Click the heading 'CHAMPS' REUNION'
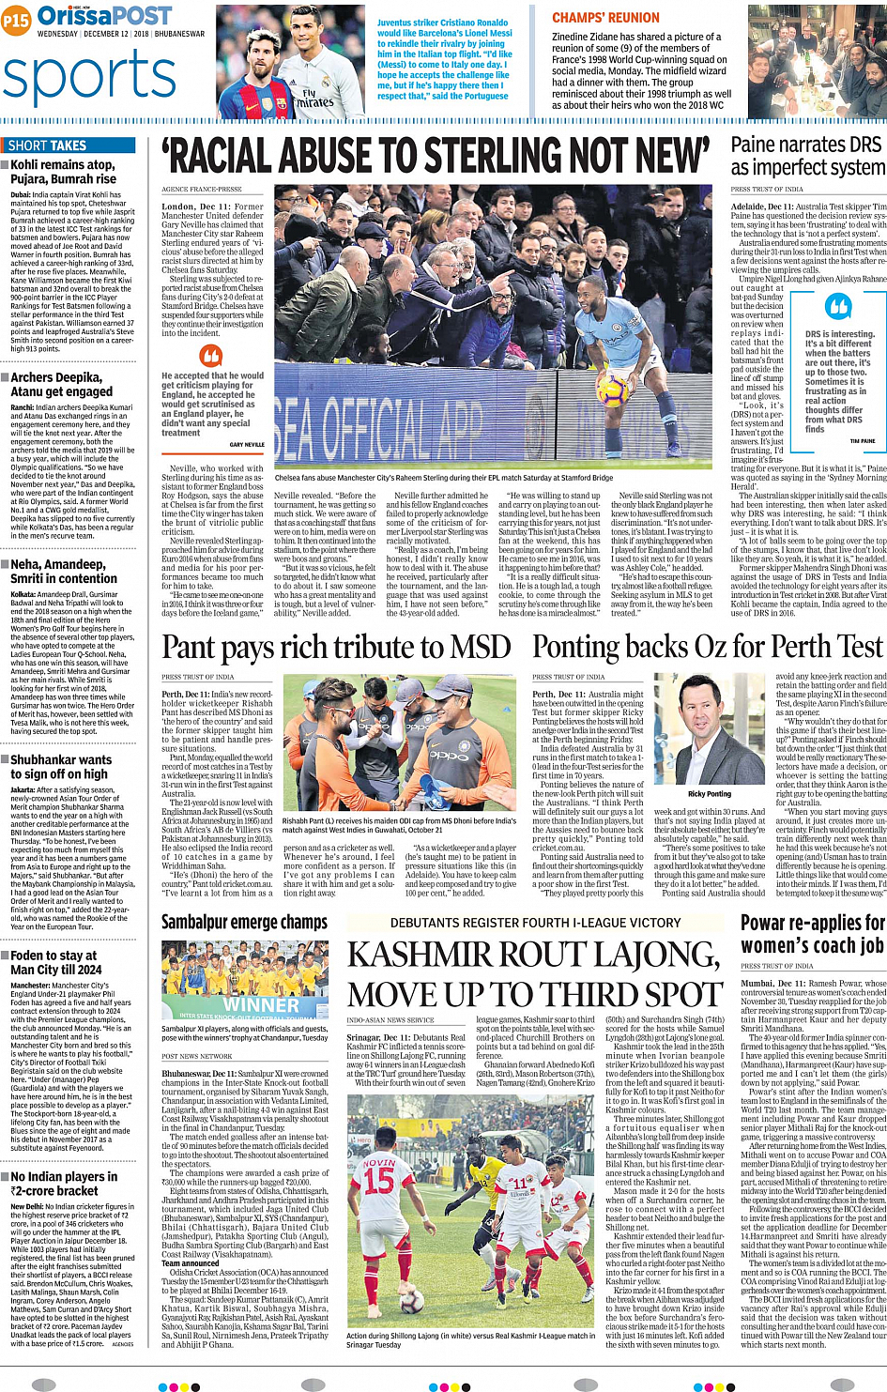[x=605, y=18]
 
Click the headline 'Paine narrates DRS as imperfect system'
[x=806, y=156]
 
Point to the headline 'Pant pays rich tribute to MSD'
[x=336, y=647]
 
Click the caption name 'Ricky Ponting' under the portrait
[x=709, y=794]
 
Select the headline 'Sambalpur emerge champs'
[x=244, y=923]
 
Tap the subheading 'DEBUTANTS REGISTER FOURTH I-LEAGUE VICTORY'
[x=535, y=923]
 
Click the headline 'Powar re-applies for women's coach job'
[x=813, y=934]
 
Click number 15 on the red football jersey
[x=378, y=1180]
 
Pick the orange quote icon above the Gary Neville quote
[x=212, y=356]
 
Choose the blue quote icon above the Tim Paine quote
[x=837, y=307]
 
